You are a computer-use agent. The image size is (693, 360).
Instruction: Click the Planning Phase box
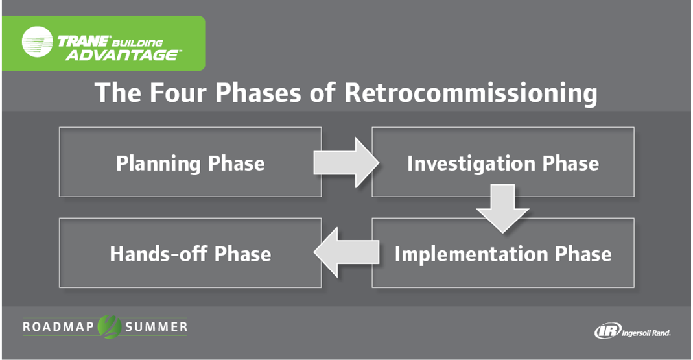point(190,162)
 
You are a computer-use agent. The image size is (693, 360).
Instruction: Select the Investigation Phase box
point(502,162)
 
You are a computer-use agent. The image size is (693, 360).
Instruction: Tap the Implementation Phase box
point(502,253)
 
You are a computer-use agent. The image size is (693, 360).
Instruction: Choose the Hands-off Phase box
point(190,253)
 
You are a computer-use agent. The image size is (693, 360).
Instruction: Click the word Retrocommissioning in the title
point(470,93)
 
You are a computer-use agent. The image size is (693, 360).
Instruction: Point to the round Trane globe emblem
point(38,43)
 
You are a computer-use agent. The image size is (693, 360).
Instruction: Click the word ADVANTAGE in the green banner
point(123,54)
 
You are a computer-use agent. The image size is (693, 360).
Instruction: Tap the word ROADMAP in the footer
point(59,326)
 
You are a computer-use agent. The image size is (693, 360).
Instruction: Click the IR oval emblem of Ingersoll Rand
point(607,331)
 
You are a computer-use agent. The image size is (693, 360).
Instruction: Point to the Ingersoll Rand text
point(646,332)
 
